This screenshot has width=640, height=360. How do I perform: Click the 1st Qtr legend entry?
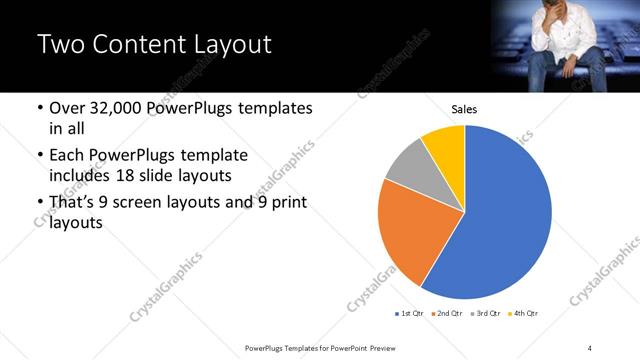(410, 314)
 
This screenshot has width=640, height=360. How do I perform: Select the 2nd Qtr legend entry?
(446, 314)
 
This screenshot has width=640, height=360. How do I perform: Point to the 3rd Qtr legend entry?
(484, 314)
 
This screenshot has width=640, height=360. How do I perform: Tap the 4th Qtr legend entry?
(523, 314)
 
